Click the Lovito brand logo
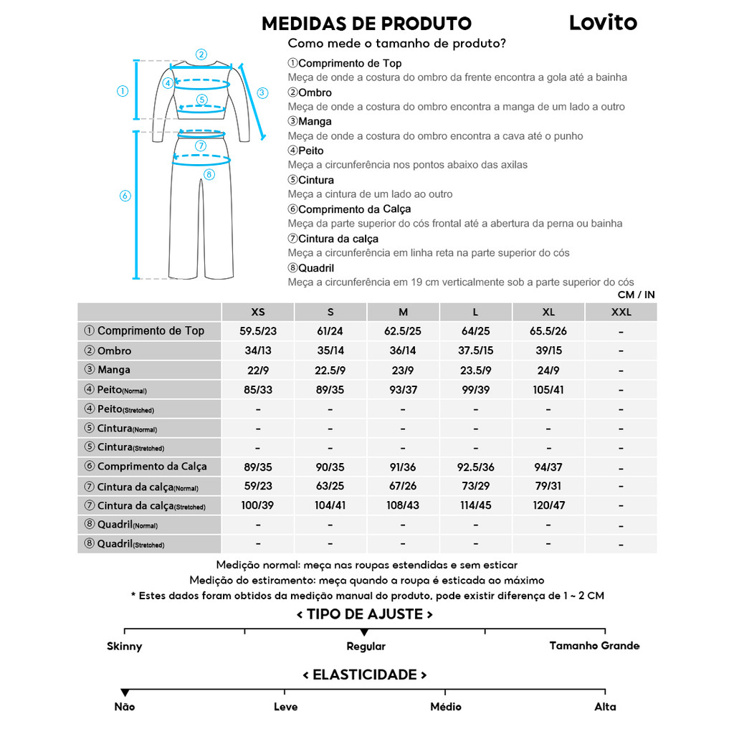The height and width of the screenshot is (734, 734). [x=603, y=22]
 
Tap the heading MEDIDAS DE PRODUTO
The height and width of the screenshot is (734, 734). [x=366, y=24]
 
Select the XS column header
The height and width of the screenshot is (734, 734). [x=258, y=312]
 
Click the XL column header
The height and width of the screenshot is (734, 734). [x=548, y=312]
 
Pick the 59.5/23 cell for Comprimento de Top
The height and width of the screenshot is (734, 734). [x=258, y=331]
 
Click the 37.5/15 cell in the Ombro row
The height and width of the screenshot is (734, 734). [x=476, y=351]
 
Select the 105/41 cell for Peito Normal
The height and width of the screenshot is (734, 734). [x=548, y=390]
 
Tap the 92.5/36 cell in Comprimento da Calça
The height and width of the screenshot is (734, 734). [x=476, y=467]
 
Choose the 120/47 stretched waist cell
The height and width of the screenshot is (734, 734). [x=548, y=505]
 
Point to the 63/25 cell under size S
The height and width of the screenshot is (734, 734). [x=330, y=487]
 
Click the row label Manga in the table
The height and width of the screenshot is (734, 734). [x=114, y=370]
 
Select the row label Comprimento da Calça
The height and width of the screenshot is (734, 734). [x=152, y=467]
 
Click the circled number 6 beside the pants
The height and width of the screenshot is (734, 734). [x=125, y=196]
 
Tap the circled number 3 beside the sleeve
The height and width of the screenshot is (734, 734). [x=262, y=92]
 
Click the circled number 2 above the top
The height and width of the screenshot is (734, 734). [x=201, y=54]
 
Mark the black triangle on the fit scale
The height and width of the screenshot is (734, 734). [x=364, y=632]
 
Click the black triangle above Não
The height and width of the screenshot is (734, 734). [x=125, y=692]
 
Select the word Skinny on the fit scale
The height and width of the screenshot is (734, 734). [x=125, y=647]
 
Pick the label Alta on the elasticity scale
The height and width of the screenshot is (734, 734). [x=605, y=707]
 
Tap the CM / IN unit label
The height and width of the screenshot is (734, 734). [x=636, y=295]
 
